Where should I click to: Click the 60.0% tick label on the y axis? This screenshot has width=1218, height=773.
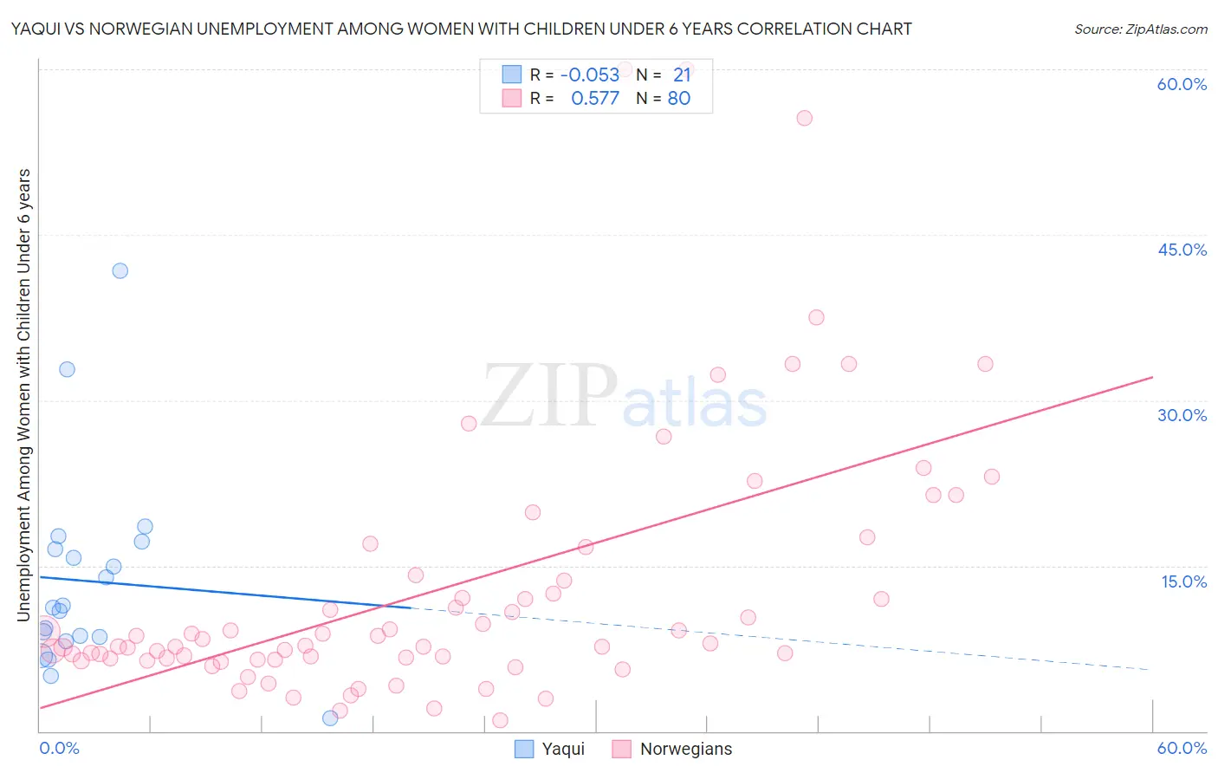(x=1182, y=84)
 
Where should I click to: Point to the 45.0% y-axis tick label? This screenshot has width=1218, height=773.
(x=1182, y=250)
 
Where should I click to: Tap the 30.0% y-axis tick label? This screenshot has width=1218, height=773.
(x=1182, y=415)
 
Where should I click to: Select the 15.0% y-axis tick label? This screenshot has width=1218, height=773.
(x=1183, y=581)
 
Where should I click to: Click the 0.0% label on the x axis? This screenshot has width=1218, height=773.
(x=59, y=748)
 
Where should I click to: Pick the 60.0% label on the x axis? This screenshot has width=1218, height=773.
(x=1182, y=748)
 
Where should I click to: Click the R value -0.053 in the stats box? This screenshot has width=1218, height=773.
(x=590, y=75)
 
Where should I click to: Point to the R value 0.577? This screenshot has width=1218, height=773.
(x=595, y=99)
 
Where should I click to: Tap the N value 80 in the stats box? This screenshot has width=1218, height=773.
(x=679, y=99)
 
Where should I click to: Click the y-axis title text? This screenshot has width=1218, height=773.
(x=23, y=394)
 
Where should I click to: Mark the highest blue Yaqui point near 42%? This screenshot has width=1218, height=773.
(x=120, y=270)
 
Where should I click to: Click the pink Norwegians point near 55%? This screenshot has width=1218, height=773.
(x=804, y=118)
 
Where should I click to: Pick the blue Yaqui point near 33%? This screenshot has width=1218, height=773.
(x=67, y=369)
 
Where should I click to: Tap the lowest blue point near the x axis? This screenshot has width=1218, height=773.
(x=330, y=718)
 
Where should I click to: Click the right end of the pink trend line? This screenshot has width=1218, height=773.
(x=1152, y=377)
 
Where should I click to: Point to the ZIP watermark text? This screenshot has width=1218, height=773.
(x=549, y=396)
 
